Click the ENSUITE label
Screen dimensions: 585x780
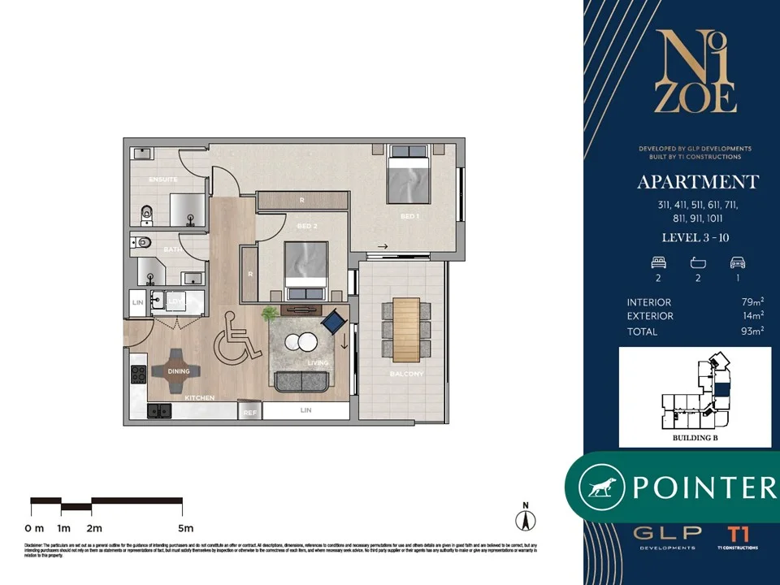(162, 179)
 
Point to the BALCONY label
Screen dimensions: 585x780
(407, 374)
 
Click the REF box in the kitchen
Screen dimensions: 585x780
(251, 413)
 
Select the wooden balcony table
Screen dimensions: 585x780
(405, 329)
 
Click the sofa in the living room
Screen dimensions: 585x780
(301, 380)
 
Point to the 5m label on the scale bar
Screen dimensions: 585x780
(186, 529)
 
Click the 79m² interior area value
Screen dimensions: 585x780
(753, 300)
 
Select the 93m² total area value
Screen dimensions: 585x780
(753, 331)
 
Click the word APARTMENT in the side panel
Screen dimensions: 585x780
(698, 181)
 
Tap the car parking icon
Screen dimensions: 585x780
(737, 262)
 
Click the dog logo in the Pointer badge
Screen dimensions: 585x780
(601, 487)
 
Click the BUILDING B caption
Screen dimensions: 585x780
(695, 438)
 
